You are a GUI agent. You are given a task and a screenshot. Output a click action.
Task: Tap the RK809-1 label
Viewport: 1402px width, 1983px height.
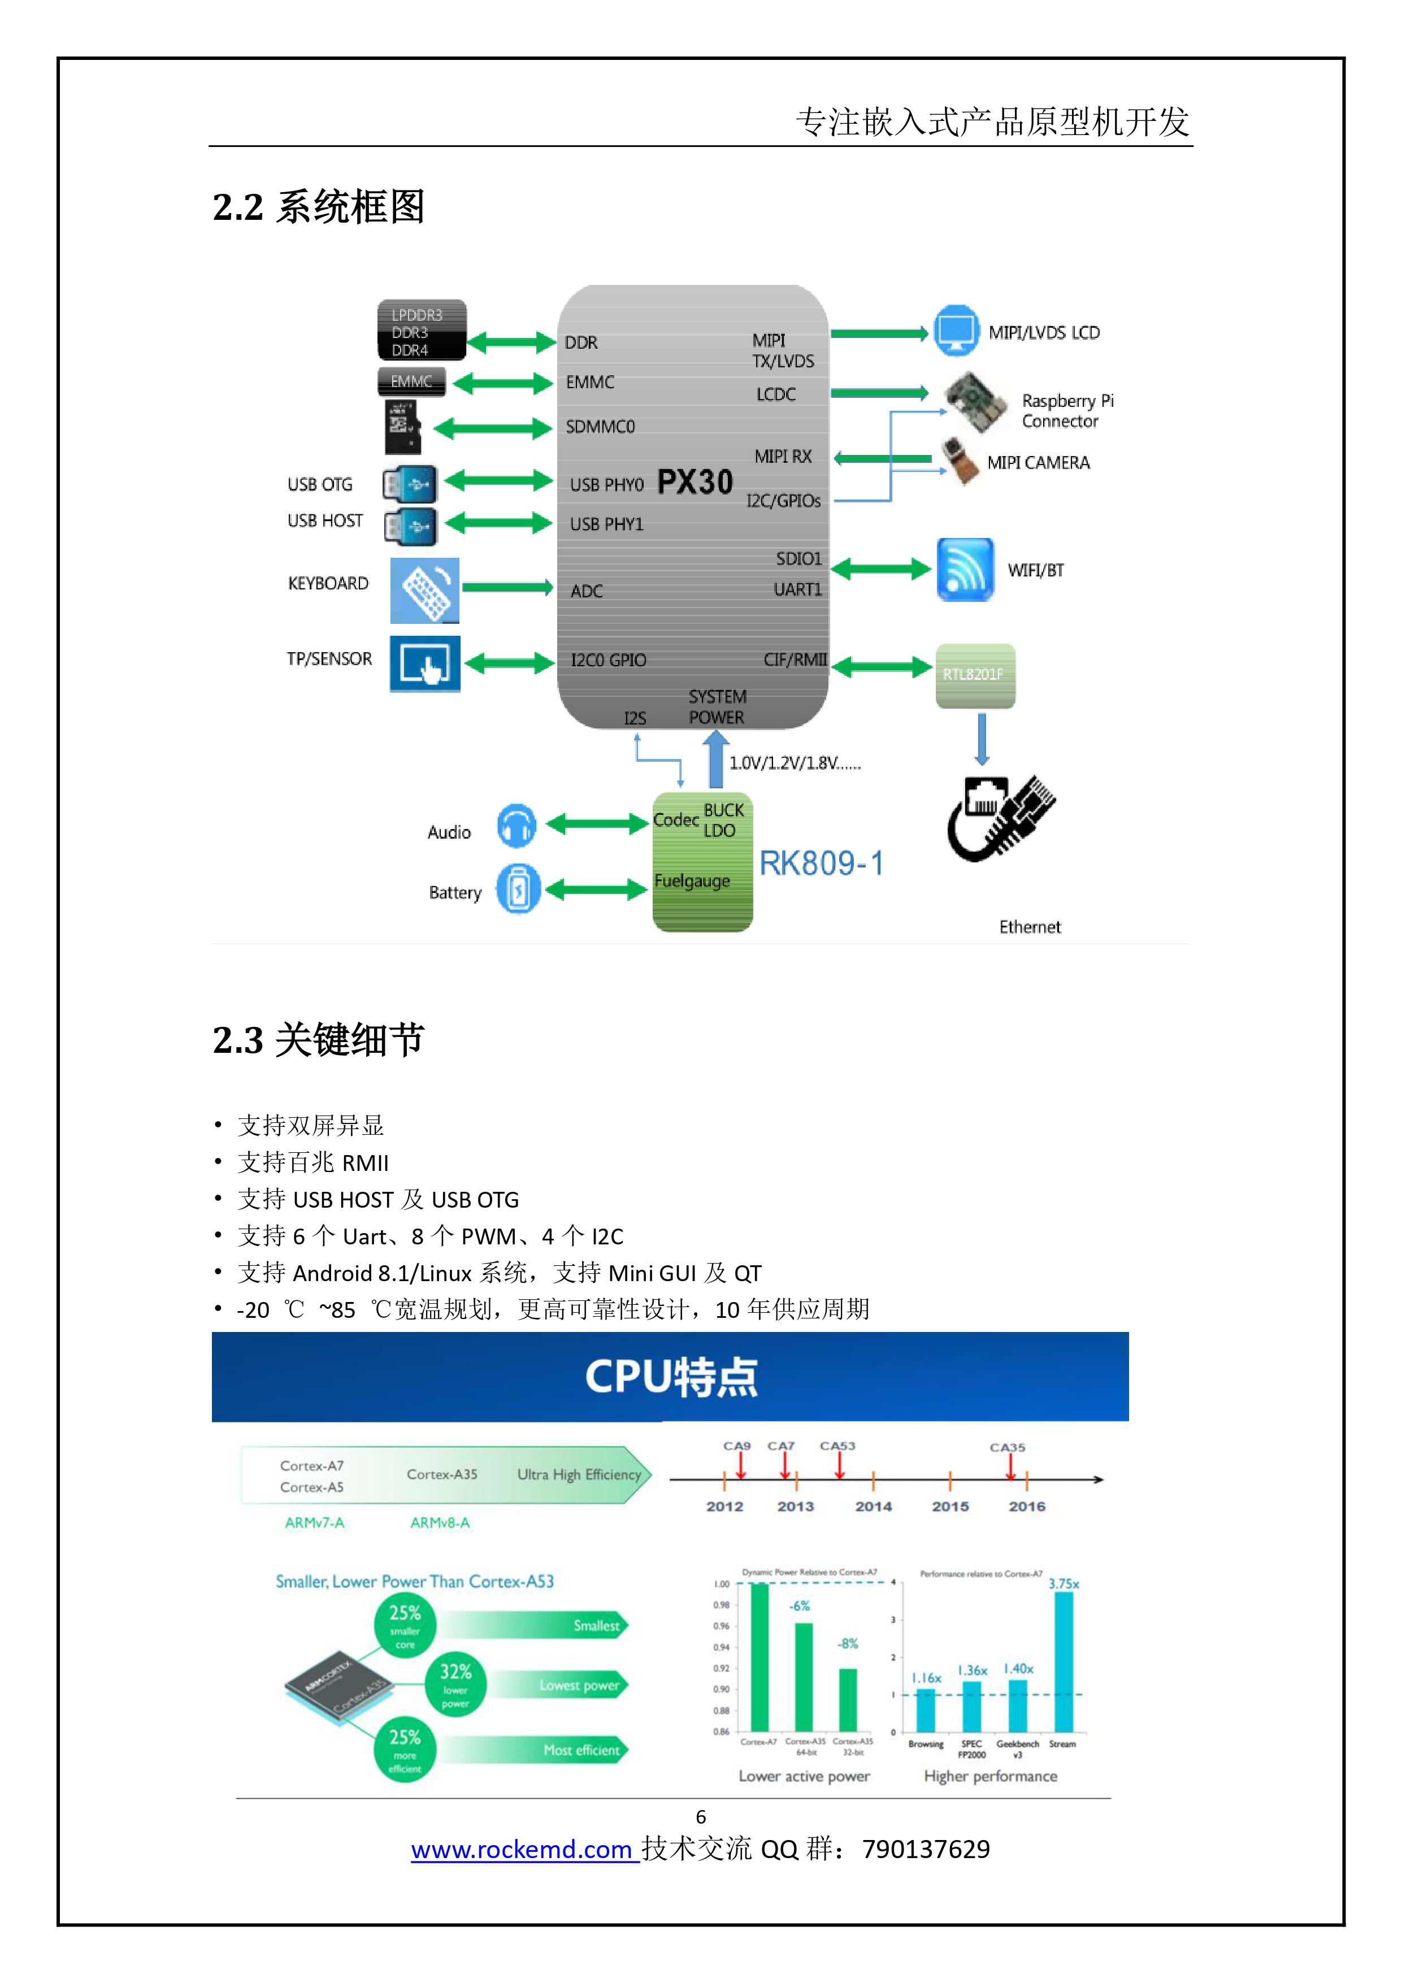click(x=822, y=863)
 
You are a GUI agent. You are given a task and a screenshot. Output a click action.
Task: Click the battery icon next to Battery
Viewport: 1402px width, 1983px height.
click(x=518, y=889)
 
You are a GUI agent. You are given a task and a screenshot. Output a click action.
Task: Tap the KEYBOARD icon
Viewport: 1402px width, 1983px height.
click(x=424, y=590)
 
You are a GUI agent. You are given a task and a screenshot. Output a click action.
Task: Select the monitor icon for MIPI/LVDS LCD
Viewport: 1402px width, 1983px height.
click(x=956, y=330)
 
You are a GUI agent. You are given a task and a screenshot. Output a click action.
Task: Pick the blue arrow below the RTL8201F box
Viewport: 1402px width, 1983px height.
click(x=982, y=739)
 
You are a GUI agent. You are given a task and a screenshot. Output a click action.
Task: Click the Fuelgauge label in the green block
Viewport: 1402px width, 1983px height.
click(x=692, y=881)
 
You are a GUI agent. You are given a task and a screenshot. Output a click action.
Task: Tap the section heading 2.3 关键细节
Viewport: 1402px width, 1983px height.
click(x=318, y=1040)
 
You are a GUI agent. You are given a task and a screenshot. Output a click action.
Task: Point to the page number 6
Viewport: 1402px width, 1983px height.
click(x=701, y=1816)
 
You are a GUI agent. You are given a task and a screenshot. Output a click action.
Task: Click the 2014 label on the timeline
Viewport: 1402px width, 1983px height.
click(x=873, y=1506)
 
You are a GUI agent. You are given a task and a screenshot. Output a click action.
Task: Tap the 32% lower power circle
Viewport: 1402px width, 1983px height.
click(x=455, y=1684)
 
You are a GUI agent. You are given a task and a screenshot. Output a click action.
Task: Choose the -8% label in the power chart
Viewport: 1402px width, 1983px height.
click(x=848, y=1643)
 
